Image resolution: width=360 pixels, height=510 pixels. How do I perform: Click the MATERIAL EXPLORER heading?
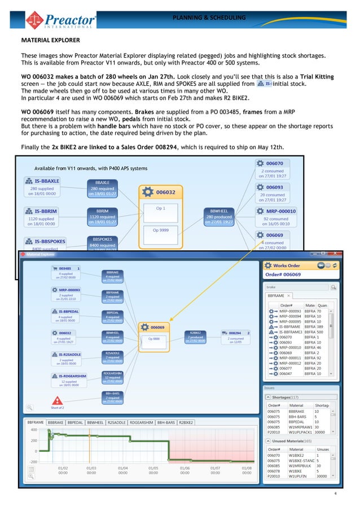pos(50,41)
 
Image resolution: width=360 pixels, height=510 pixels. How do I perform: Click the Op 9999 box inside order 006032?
pos(160,230)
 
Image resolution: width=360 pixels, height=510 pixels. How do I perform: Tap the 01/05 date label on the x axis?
pos(152,468)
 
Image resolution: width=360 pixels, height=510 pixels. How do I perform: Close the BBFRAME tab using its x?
pos(289,295)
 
